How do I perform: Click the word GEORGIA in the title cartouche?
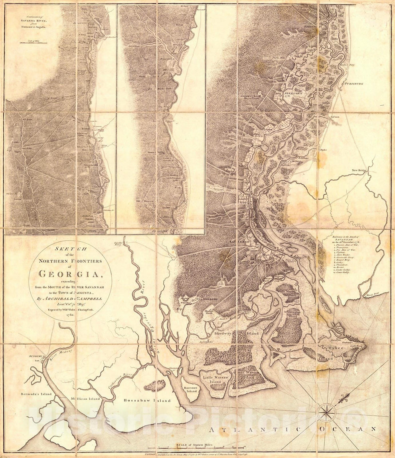pos(70,274)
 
